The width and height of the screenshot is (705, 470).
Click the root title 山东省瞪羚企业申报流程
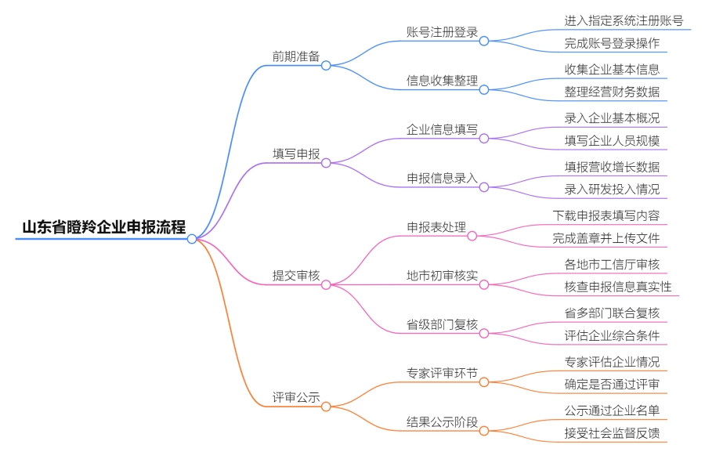point(103,228)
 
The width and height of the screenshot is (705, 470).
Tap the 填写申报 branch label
point(295,154)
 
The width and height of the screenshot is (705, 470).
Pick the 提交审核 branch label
point(295,275)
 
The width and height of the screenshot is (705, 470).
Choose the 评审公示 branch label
point(295,397)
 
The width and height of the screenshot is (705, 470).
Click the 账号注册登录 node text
point(442,32)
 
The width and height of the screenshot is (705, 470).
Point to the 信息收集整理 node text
point(442,81)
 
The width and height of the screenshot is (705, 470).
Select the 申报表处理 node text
point(436,227)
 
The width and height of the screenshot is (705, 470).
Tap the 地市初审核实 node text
point(442,276)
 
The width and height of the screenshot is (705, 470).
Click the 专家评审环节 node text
point(442,373)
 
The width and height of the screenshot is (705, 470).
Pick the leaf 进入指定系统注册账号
point(624,20)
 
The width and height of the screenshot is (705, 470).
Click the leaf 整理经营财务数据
point(612,92)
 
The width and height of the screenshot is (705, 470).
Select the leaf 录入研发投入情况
point(612,189)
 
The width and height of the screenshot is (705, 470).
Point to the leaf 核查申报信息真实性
point(618,287)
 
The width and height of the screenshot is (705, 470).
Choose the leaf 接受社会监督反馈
point(612,432)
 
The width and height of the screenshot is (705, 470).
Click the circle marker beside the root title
point(192,239)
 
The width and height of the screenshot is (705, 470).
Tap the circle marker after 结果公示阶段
point(484,431)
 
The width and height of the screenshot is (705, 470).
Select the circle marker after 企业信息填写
point(484,139)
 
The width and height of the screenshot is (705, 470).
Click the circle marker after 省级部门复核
point(484,333)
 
